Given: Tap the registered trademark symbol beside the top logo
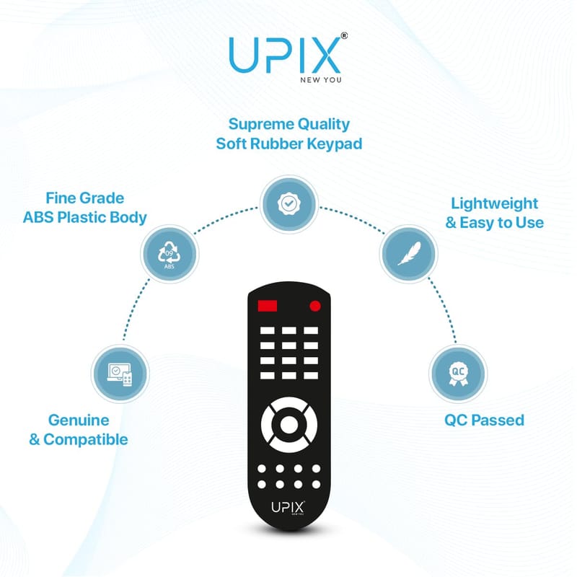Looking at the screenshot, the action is tap(344, 35).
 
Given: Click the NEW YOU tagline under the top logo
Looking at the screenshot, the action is tap(320, 80).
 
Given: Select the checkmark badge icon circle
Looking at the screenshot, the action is tap(289, 204).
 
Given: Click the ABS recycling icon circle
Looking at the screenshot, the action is tap(169, 254).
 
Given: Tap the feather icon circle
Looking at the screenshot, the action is tap(409, 254).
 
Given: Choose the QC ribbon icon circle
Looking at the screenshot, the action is tap(458, 374).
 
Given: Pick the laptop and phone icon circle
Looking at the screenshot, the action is tap(120, 374).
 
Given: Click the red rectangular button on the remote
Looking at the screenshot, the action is tap(268, 306).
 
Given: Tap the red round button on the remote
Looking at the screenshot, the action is tap(315, 306).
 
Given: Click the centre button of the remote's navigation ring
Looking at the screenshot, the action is tap(289, 425).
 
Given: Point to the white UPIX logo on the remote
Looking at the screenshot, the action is tap(288, 508).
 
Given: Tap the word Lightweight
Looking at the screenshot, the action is tap(495, 204).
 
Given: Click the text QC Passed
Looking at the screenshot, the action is tap(484, 420).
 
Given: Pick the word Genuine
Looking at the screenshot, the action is tap(79, 420).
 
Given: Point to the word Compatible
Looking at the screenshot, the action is tap(86, 440).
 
